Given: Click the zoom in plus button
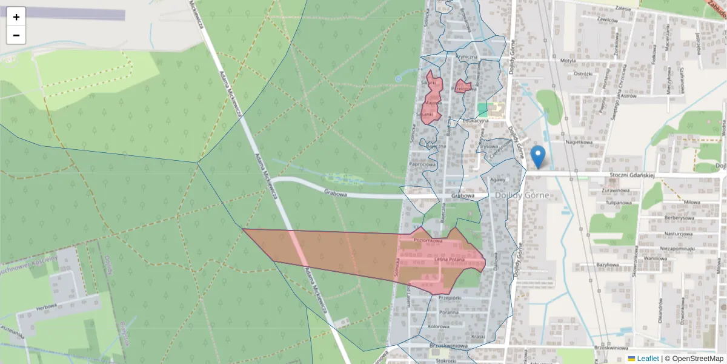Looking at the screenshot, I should (x=16, y=16).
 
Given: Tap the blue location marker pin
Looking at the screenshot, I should (x=537, y=157).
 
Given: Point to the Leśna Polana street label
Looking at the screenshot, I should (x=449, y=260).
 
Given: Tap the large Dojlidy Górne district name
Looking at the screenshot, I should (x=522, y=196).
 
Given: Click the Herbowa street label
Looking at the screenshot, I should (x=46, y=307).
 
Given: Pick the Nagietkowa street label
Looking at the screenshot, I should (x=578, y=143).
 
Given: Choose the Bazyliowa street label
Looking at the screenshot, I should (x=607, y=265).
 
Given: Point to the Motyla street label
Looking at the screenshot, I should (x=568, y=61).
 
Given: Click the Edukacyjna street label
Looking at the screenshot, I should (x=476, y=121).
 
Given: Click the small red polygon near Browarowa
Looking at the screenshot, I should (x=463, y=86).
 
